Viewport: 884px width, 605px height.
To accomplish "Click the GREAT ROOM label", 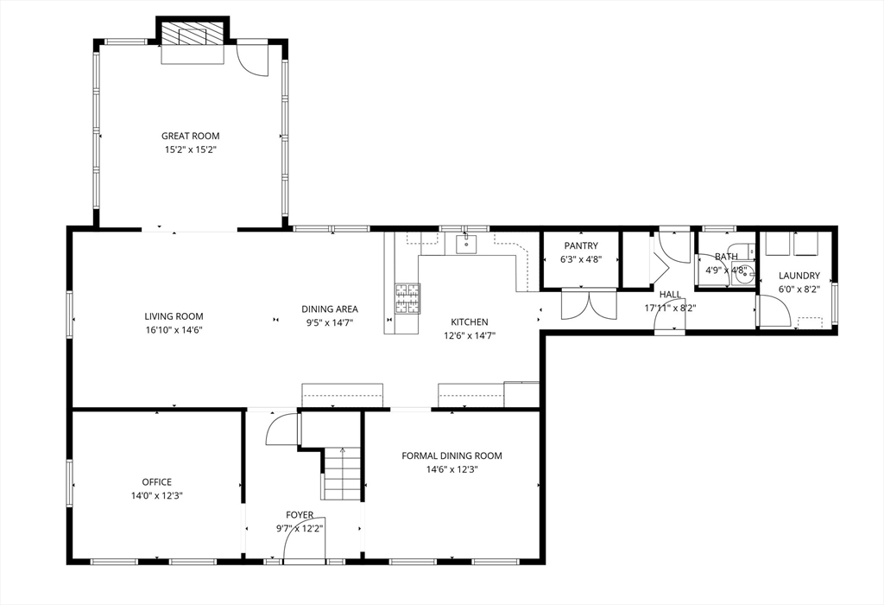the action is point(191,136).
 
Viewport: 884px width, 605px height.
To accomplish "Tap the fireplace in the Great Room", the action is point(193,34).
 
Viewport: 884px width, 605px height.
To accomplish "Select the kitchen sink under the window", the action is point(466,244).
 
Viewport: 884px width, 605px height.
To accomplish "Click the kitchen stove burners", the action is point(407,298).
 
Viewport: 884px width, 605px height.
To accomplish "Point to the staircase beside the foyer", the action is point(342,473).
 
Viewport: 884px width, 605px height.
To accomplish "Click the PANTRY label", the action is point(581,246).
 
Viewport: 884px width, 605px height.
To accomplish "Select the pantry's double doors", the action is point(589,304).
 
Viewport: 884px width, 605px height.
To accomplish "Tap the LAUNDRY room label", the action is point(799,276).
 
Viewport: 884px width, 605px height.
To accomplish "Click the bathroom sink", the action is point(743,274).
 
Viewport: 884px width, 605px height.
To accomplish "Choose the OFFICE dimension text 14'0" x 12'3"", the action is point(157,496).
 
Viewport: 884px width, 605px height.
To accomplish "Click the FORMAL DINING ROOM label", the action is point(451,455).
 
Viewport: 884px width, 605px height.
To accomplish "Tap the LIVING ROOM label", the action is point(174,316).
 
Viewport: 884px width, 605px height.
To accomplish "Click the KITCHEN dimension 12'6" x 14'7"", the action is point(469,336).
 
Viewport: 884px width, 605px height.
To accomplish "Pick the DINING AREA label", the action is point(330,309).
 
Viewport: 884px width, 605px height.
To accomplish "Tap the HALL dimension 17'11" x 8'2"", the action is point(670,309).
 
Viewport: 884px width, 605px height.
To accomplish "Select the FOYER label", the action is point(300,515).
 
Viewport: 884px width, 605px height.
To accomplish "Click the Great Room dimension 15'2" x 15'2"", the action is point(191,150).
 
